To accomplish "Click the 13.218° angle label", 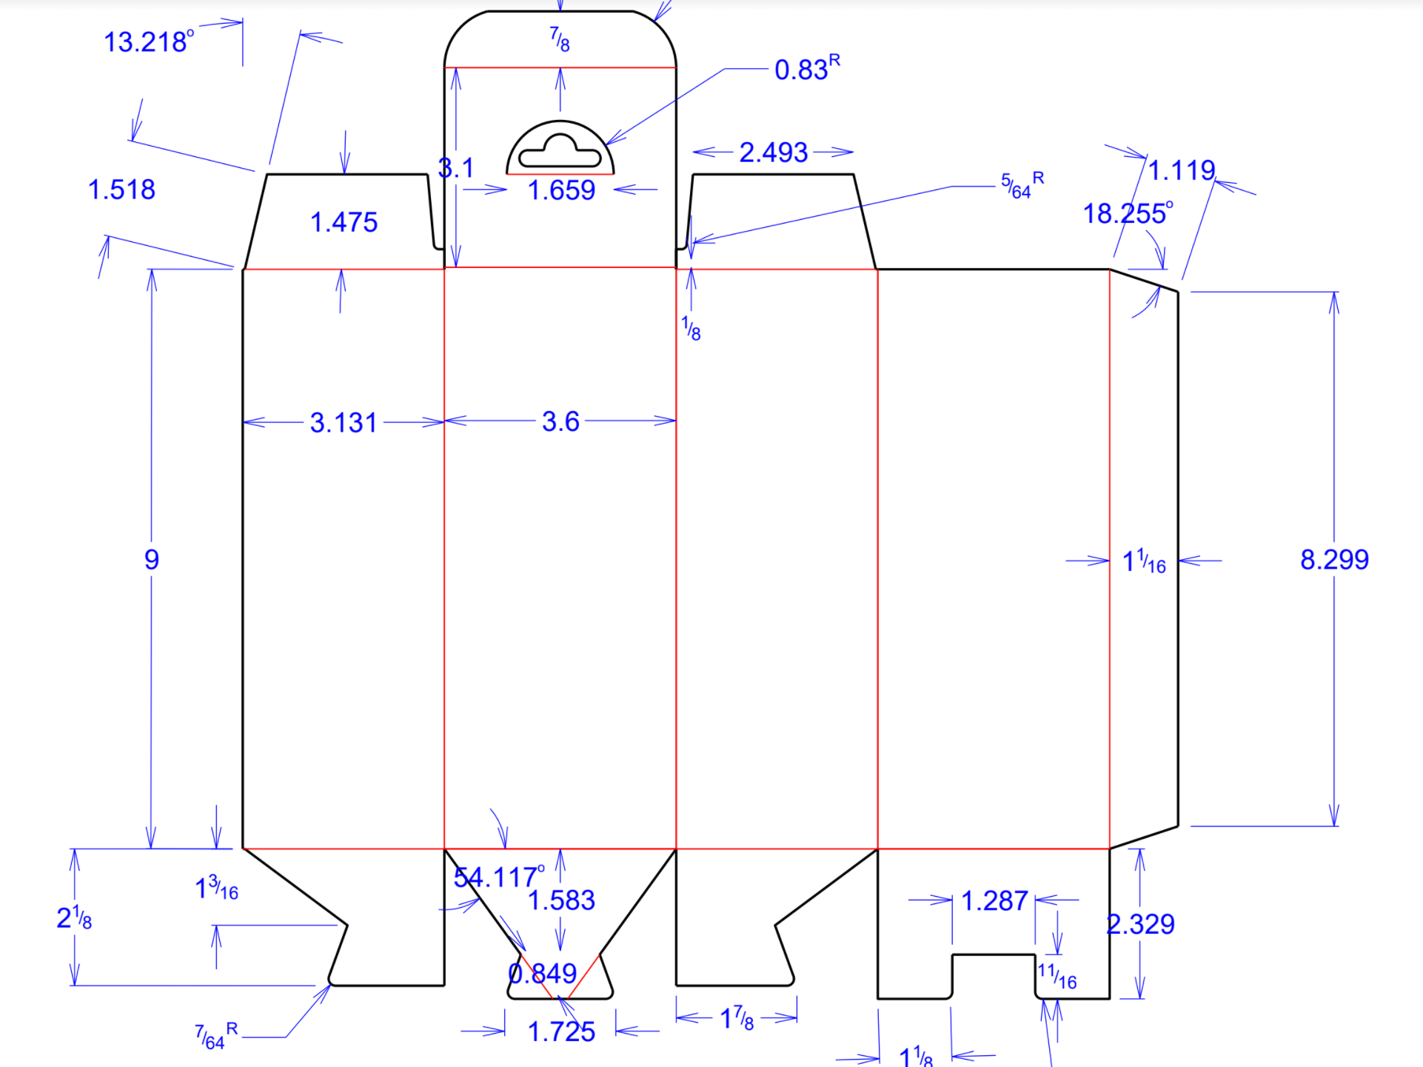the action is [x=149, y=41].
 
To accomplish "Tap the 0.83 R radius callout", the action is [x=807, y=68].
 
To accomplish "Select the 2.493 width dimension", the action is [x=773, y=153].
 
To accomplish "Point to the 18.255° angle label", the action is [x=1128, y=213].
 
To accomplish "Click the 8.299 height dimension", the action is [x=1334, y=559].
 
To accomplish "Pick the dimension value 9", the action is [x=152, y=559].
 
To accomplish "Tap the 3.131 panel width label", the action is [x=344, y=423].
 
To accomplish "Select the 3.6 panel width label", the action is [x=560, y=421].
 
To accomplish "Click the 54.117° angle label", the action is [x=499, y=877].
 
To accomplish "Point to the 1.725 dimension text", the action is [x=561, y=1031].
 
